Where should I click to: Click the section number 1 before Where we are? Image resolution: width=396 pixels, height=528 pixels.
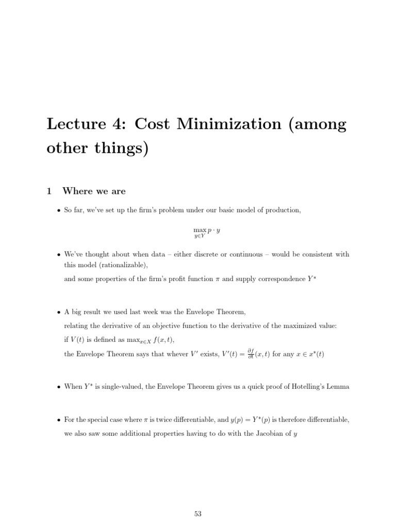[49, 191]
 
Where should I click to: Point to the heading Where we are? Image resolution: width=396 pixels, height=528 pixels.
[94, 191]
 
